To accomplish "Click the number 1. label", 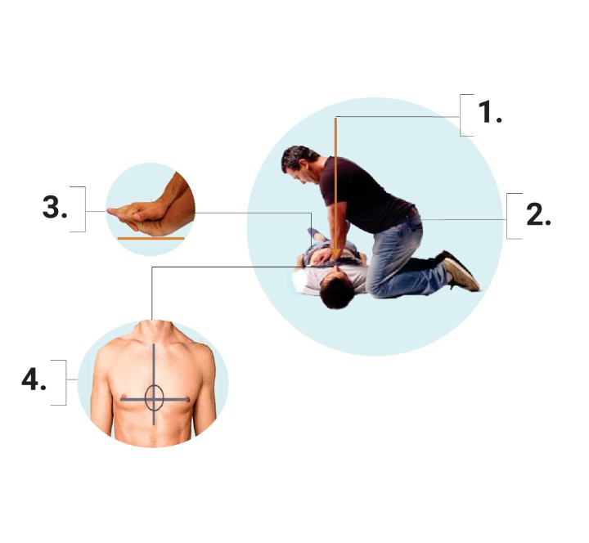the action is tap(490, 112).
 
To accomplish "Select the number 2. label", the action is tap(538, 215).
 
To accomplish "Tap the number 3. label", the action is tap(55, 208).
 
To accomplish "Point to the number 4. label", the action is tap(34, 379).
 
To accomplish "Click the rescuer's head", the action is tap(299, 164).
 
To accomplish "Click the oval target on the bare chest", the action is tap(154, 397).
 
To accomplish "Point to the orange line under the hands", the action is tap(151, 238).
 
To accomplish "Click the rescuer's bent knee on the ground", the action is tap(377, 288).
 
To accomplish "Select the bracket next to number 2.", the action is tap(514, 216).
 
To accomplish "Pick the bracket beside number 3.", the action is tap(79, 209).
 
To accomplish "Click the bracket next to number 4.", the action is tap(59, 383).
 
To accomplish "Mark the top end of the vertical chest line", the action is tap(154, 344).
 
